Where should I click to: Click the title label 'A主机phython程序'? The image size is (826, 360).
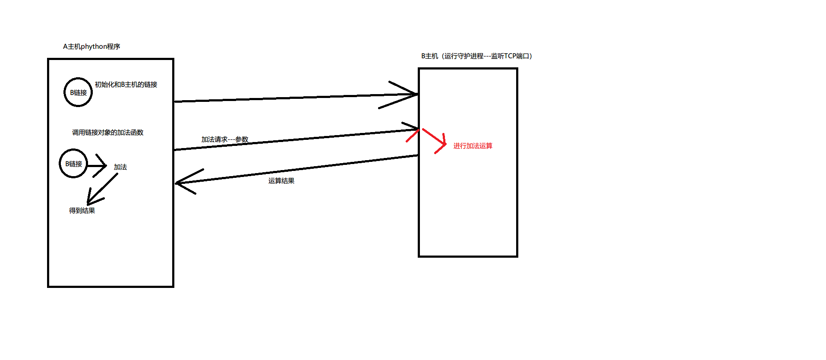[x=91, y=47]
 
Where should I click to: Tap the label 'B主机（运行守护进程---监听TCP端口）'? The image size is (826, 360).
[x=476, y=56]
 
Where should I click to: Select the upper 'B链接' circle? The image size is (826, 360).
[x=78, y=92]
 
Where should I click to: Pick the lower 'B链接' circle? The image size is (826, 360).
[x=73, y=164]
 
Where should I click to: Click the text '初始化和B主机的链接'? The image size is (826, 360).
[x=126, y=85]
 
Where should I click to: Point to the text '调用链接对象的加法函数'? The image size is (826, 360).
[x=107, y=133]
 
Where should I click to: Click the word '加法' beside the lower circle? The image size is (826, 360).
[x=120, y=167]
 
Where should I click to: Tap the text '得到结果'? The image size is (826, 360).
[x=82, y=211]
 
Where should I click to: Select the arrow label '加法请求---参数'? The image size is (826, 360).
[x=225, y=139]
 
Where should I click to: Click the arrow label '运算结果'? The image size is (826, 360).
[x=281, y=181]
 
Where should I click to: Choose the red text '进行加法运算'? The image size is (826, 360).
[x=473, y=146]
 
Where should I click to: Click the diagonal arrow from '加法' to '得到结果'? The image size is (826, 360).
[x=103, y=189]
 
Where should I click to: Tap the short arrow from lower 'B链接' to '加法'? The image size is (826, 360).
[x=97, y=166]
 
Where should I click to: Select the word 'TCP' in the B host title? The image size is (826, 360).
[x=510, y=56]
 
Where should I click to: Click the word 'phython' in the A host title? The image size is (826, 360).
[x=94, y=47]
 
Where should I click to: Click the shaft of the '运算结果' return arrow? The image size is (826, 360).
[x=298, y=169]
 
